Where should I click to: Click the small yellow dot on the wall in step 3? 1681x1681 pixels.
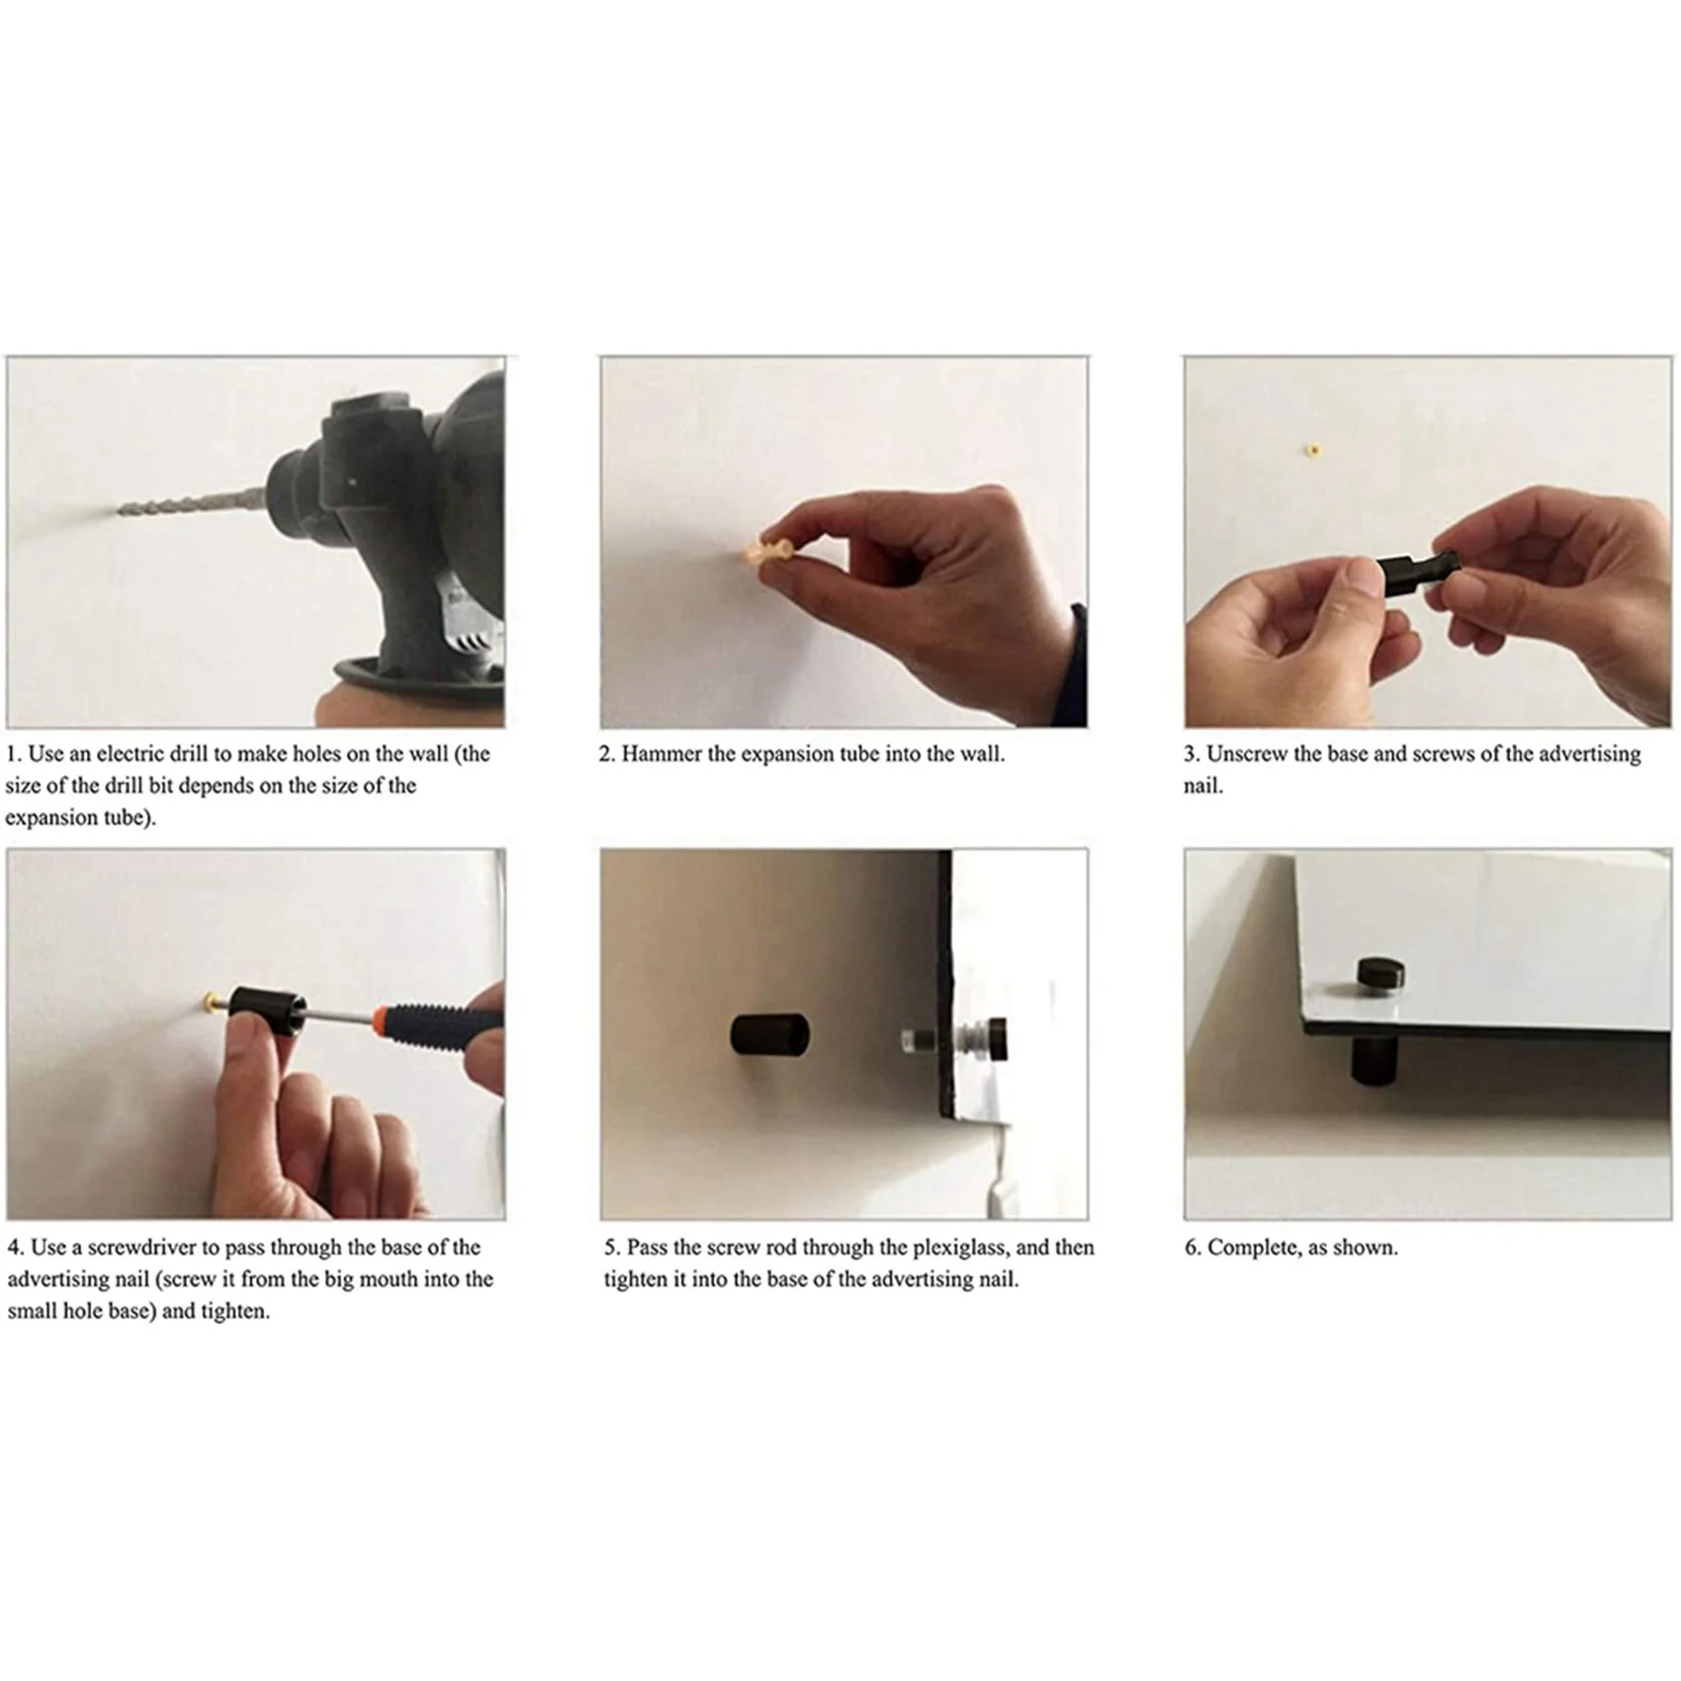[x=1312, y=451]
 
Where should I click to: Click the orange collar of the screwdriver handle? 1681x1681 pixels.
[x=382, y=1018]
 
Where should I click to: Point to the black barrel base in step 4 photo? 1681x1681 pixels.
[x=260, y=1011]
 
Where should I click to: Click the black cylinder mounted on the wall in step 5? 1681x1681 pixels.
[x=769, y=1034]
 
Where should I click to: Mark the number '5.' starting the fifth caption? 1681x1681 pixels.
[x=612, y=1248]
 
